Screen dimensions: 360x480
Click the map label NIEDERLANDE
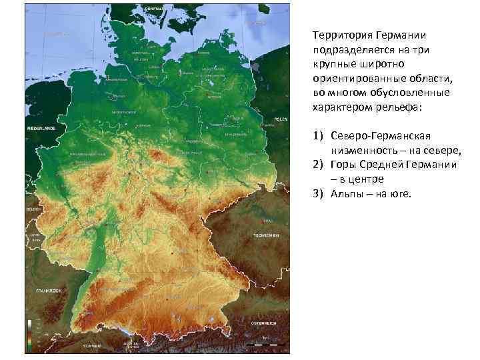click(41, 127)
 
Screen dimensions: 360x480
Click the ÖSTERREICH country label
click(264, 323)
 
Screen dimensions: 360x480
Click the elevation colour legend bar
click(30, 334)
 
